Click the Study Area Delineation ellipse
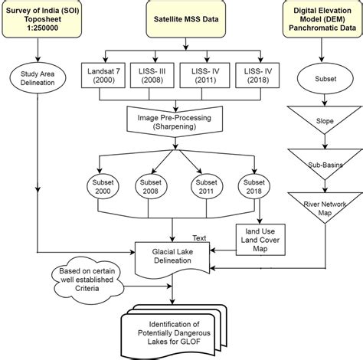coord(38,80)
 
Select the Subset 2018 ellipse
coord(253,188)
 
